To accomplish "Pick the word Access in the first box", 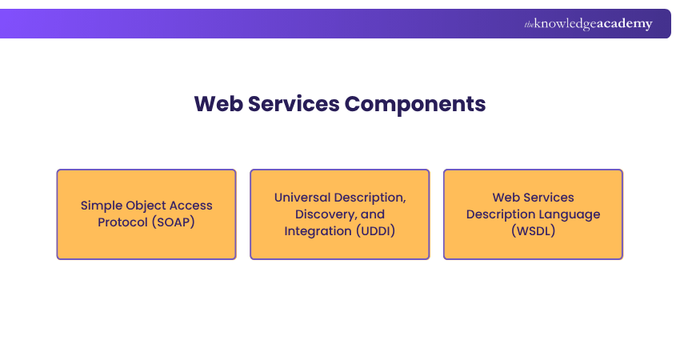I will pos(190,206).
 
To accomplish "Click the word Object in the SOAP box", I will pos(146,206).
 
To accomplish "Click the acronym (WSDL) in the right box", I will pos(533,230).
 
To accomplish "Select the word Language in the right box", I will pos(571,214).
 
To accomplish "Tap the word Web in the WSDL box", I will pos(505,198).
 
